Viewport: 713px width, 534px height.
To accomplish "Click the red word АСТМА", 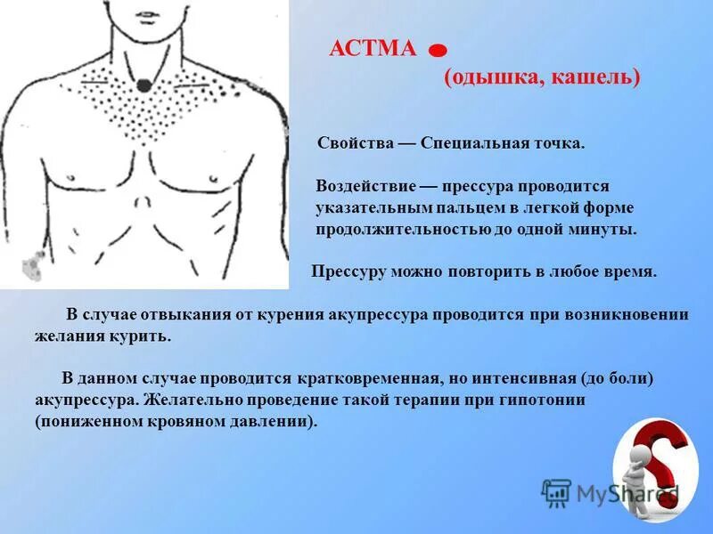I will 373,48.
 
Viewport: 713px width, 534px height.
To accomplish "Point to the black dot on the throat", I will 143,86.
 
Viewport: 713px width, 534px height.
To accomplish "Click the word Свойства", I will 352,143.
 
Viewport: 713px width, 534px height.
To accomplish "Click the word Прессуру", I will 348,271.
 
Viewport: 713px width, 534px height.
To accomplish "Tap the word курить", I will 144,336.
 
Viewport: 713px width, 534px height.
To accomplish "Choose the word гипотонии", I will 548,400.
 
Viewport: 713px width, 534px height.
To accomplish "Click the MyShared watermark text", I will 624,492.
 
